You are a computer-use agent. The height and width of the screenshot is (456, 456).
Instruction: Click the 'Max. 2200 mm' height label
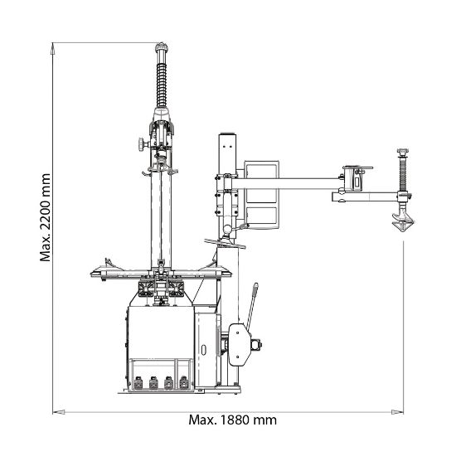click(45, 217)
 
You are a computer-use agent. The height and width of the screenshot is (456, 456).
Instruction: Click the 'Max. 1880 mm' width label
click(232, 420)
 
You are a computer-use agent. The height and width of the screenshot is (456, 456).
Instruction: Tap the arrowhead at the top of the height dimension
click(52, 48)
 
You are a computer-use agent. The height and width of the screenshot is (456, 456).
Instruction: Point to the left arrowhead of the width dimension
click(59, 412)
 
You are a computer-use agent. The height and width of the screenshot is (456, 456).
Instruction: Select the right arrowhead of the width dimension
click(397, 412)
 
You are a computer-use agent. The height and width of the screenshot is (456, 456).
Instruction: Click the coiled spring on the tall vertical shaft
click(162, 85)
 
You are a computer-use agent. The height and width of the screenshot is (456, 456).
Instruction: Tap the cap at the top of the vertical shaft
click(162, 46)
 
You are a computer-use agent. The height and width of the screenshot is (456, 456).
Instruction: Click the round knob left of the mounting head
click(143, 144)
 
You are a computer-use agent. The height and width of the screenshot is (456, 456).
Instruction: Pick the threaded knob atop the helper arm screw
click(403, 152)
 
